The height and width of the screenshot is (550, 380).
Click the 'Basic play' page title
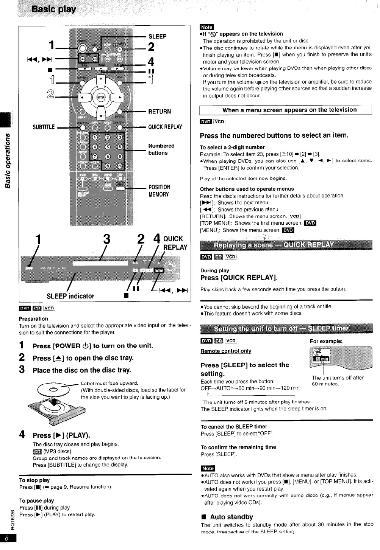pos(54,9)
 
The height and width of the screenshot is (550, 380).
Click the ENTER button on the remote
pos(100,97)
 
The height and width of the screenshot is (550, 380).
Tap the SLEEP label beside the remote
pos(157,36)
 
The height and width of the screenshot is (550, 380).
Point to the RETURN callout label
pos(160,112)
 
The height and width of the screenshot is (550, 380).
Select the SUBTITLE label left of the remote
pos(44,127)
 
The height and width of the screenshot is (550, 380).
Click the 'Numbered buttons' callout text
pos(161,149)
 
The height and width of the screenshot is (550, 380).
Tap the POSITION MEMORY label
pos(159,191)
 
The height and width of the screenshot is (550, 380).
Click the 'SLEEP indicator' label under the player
pos(70,296)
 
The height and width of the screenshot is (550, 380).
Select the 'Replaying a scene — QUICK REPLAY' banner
pos(274,245)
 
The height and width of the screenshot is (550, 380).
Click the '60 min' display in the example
pos(323,359)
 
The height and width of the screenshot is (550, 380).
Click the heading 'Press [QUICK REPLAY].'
pos(239,278)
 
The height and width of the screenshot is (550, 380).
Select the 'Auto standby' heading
pos(231,517)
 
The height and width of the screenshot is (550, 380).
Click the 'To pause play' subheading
pos(36,500)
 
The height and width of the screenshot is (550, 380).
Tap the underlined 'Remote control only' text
pos(226,351)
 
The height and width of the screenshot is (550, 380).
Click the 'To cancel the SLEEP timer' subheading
pos(234,427)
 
